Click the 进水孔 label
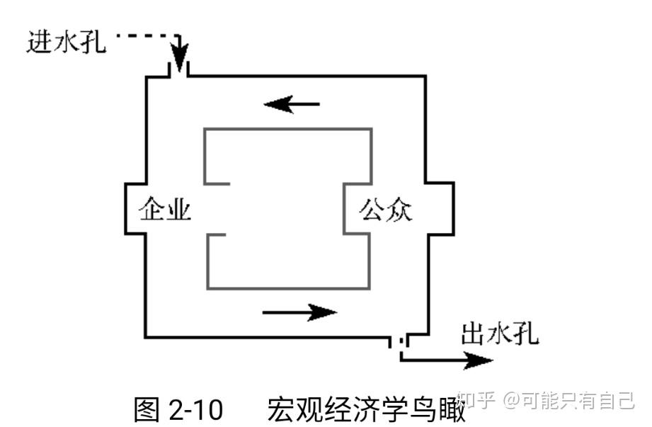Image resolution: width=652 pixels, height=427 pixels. [x=66, y=42]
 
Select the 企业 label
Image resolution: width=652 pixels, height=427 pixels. [x=165, y=208]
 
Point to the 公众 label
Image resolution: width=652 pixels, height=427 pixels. [x=386, y=209]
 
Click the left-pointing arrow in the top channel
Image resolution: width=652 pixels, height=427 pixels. [x=292, y=104]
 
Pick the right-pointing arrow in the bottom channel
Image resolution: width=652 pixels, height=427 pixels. [x=299, y=312]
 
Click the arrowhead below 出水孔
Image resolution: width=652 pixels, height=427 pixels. [x=478, y=360]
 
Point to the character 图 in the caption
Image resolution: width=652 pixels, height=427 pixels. [x=147, y=409]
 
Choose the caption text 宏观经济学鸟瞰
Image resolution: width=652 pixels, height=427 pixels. [x=366, y=409]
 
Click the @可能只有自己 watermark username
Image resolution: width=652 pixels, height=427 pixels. [x=568, y=400]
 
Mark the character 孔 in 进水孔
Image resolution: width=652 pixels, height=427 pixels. [x=93, y=42]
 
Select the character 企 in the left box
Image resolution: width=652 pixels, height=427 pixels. [x=151, y=208]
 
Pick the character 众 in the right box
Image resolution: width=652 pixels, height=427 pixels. [x=399, y=210]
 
